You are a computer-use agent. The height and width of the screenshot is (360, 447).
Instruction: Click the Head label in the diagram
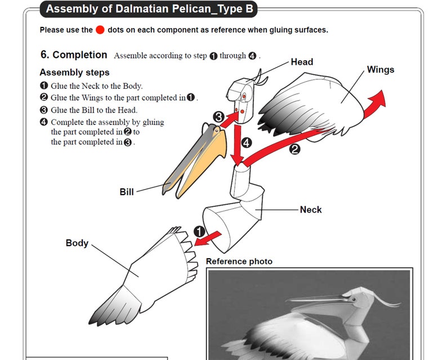click(302, 62)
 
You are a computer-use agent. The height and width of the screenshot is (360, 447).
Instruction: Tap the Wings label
click(381, 70)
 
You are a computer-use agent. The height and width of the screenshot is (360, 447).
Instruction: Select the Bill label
click(127, 192)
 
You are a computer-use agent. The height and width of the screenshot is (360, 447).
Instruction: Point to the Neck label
click(311, 209)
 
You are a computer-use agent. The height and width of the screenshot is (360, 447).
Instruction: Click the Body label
click(77, 243)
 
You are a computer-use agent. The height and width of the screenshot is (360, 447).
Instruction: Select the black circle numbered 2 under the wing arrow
click(294, 149)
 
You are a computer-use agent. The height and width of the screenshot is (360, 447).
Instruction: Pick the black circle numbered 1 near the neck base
click(199, 231)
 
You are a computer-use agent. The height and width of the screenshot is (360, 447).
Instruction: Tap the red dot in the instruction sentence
click(100, 30)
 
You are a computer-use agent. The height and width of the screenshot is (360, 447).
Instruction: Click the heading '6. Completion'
click(74, 55)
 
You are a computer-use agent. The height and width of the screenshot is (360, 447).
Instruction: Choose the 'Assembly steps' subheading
click(74, 73)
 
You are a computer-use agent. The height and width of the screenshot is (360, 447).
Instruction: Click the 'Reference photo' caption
click(239, 262)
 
